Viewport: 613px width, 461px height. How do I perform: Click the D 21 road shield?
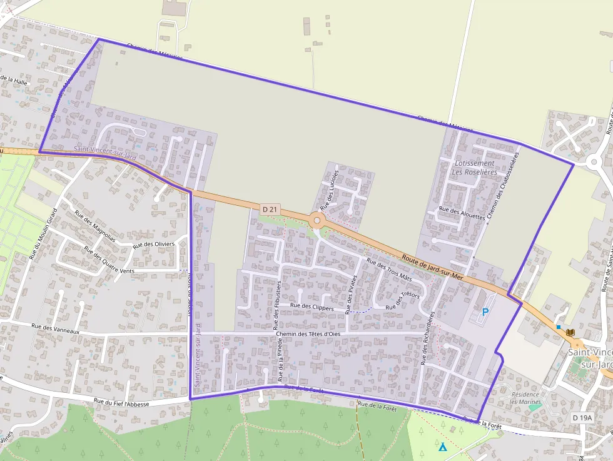point(269,208)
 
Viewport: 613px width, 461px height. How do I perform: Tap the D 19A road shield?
point(581,417)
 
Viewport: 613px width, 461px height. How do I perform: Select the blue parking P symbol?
point(485,312)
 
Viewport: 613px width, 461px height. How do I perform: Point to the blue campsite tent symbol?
point(443,447)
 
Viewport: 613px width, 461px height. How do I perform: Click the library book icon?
point(570,332)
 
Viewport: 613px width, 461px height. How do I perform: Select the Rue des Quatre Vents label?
point(109,262)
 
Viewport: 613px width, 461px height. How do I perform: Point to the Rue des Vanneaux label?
point(53,327)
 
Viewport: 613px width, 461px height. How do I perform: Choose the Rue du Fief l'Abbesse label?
point(121,403)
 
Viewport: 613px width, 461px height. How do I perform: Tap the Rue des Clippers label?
point(312,306)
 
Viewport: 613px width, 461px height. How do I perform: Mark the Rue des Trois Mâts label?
point(388,270)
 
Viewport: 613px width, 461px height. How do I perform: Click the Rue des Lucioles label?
point(329,189)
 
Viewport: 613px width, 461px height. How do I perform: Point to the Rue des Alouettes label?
point(462,212)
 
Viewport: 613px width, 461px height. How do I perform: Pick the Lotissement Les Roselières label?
point(475,168)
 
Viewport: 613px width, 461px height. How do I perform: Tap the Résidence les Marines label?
point(525,398)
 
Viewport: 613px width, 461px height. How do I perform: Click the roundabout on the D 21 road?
point(317,220)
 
